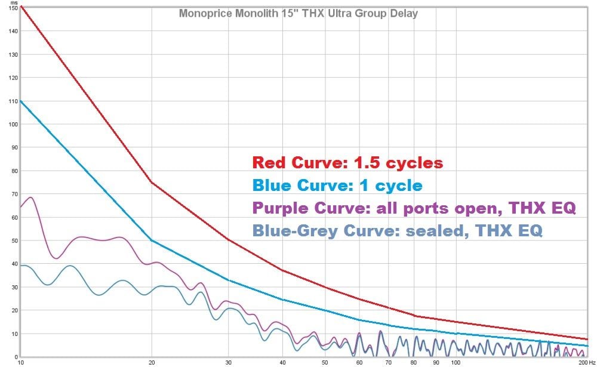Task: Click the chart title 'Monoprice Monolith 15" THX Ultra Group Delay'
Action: click(298, 13)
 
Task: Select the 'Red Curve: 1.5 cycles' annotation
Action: click(347, 162)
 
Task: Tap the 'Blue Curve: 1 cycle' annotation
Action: click(337, 186)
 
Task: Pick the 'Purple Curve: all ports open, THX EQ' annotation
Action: click(414, 208)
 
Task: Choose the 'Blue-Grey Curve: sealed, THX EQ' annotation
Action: click(397, 231)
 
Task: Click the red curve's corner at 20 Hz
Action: click(152, 183)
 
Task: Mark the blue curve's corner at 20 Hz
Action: click(152, 240)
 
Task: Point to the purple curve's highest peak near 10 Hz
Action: click(30, 198)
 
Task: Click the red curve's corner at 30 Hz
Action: click(229, 239)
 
